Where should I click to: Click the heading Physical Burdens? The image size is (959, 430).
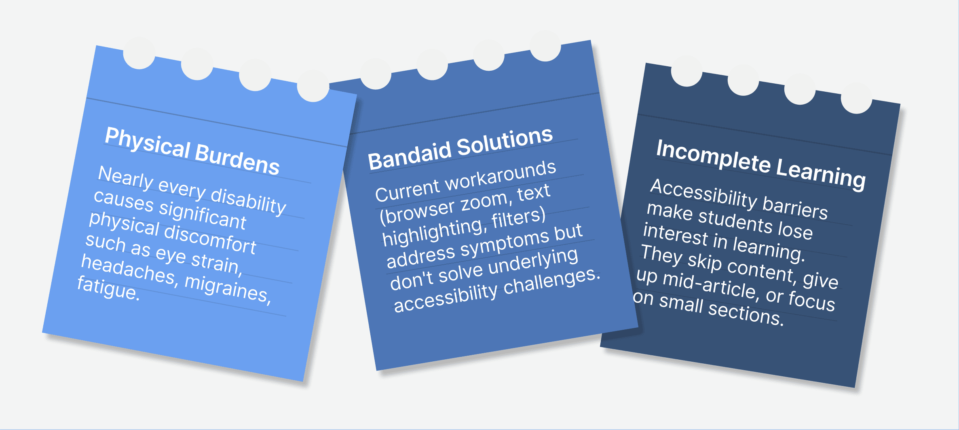coord(192,151)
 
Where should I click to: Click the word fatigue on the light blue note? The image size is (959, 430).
coord(108,288)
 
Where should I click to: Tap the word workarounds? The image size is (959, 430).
coord(501,175)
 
